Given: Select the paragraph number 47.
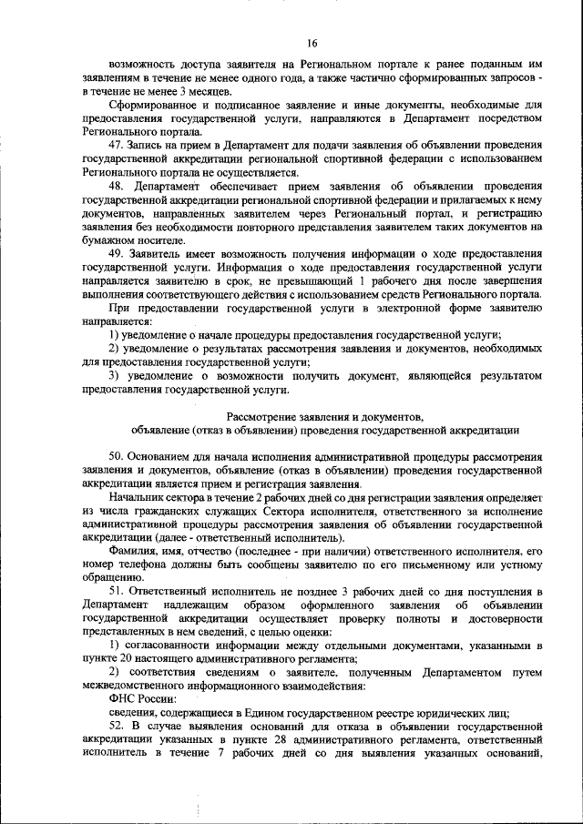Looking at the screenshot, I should pyautogui.click(x=116, y=146).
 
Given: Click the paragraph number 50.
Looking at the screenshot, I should pyautogui.click(x=116, y=455).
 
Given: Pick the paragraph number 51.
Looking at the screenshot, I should pyautogui.click(x=116, y=592).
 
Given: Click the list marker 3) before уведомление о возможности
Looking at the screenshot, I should pyautogui.click(x=114, y=375).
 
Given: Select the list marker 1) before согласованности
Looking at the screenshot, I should pyautogui.click(x=114, y=646).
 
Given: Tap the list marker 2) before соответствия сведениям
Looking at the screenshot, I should pyautogui.click(x=114, y=673).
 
